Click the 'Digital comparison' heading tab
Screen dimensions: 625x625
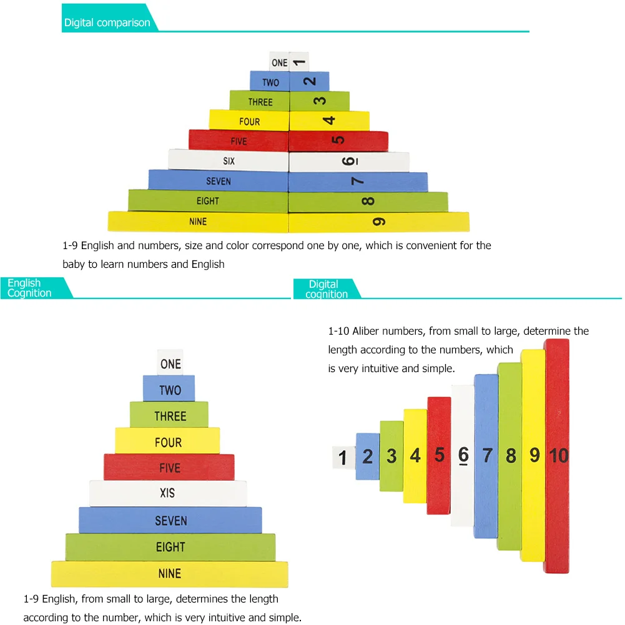pos(107,23)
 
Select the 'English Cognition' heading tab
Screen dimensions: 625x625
pos(29,288)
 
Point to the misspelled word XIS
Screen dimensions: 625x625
pos(167,493)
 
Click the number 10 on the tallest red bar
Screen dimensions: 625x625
pos(558,456)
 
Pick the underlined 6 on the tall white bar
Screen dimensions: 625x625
pos(463,456)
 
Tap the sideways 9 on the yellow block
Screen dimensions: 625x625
pos(378,222)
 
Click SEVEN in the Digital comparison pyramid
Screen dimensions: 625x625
pos(219,181)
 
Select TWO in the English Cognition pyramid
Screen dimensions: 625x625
pos(170,390)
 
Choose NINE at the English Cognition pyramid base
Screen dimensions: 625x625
pos(169,573)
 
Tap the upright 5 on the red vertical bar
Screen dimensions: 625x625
pos(440,455)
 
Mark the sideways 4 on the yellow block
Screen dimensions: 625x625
pos(330,121)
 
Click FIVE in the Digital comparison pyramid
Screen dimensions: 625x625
pos(239,141)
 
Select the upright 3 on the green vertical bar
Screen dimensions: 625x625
pos(391,456)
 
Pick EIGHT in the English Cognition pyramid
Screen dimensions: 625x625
pos(170,547)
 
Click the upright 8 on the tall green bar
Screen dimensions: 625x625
pos(511,456)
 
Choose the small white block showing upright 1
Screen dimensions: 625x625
pos(342,458)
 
